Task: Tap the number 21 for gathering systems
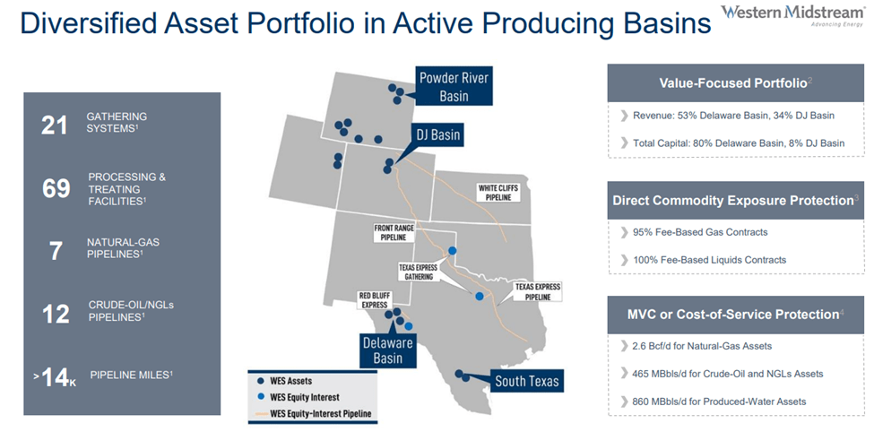[55, 125]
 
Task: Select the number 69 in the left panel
[56, 188]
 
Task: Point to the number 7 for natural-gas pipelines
[56, 250]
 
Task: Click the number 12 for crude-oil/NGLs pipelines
[56, 313]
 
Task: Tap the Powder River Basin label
[454, 87]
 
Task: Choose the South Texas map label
[527, 382]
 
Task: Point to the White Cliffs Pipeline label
[498, 192]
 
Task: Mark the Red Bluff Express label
[373, 299]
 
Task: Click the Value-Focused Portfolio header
[733, 82]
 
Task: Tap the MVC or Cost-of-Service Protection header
[733, 314]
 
